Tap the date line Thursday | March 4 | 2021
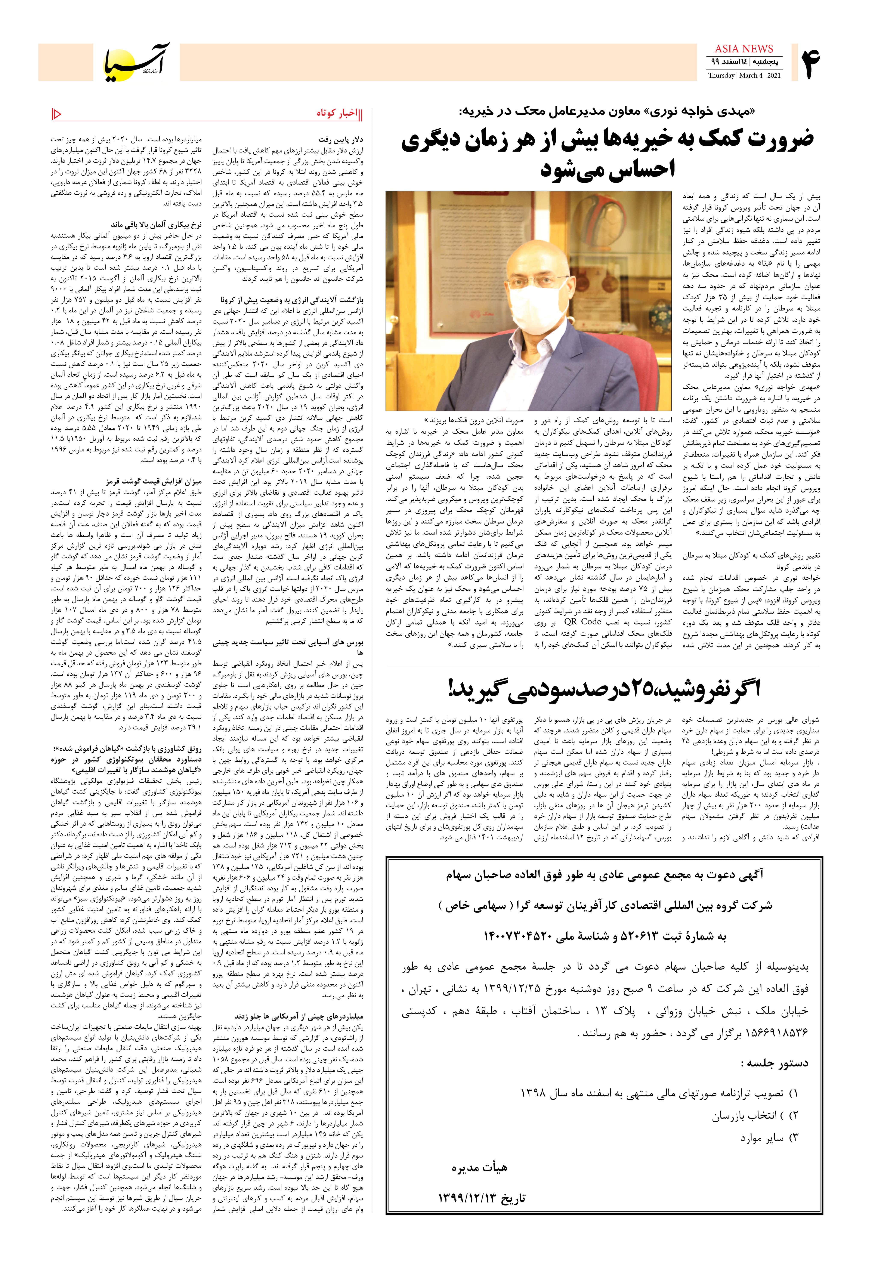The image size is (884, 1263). click(744, 75)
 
